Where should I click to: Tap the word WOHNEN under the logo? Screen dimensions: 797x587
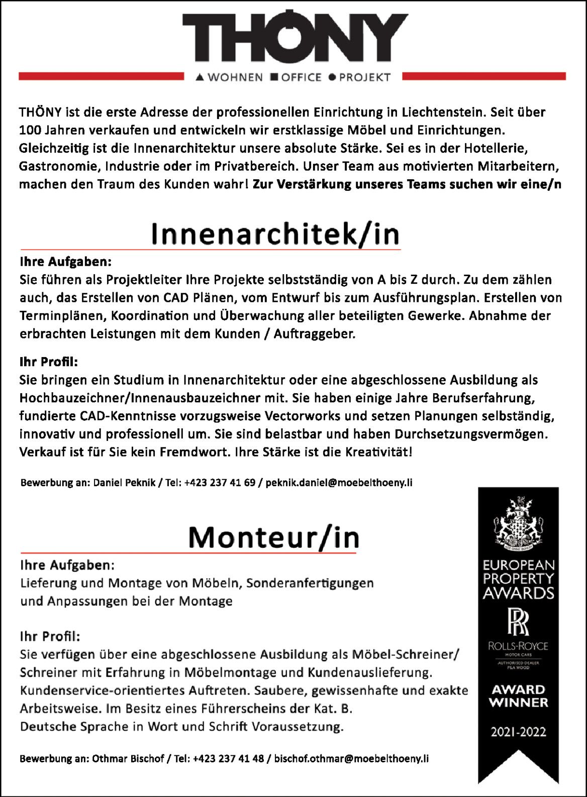[235, 77]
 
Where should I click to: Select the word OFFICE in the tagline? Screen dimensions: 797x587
[301, 77]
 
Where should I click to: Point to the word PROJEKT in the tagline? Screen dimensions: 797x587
[365, 77]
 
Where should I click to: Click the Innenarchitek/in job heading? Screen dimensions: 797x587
[275, 234]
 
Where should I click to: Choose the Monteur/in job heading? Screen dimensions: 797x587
[274, 538]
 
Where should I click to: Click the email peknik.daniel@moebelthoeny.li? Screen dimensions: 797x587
[339, 483]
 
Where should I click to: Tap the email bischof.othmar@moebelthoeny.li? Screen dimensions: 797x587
[351, 759]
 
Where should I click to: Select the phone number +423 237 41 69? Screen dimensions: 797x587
[220, 483]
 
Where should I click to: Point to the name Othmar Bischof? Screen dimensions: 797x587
[128, 759]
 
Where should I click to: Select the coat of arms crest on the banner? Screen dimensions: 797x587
[518, 522]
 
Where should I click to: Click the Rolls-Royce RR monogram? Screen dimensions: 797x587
[518, 621]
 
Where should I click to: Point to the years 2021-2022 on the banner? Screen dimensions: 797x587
[518, 732]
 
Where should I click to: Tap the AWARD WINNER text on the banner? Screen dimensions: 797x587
[518, 696]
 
